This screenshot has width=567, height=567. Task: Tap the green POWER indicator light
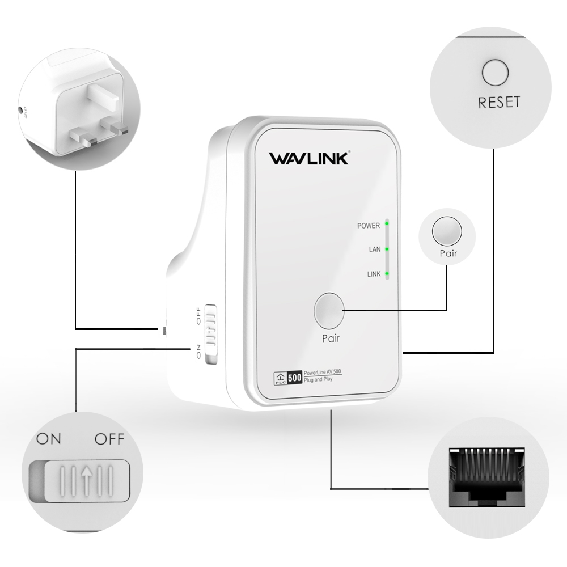(387, 225)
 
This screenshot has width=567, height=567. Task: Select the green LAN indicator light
(387, 249)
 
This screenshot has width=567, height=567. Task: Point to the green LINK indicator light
(387, 274)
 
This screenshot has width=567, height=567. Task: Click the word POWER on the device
(368, 226)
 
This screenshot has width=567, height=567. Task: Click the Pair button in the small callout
(446, 232)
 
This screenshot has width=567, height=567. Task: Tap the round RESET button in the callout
(495, 73)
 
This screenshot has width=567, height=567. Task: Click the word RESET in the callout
(499, 103)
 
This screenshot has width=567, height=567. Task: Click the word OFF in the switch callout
(109, 439)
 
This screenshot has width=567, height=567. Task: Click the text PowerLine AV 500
(321, 372)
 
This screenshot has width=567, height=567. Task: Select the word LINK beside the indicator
(374, 274)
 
